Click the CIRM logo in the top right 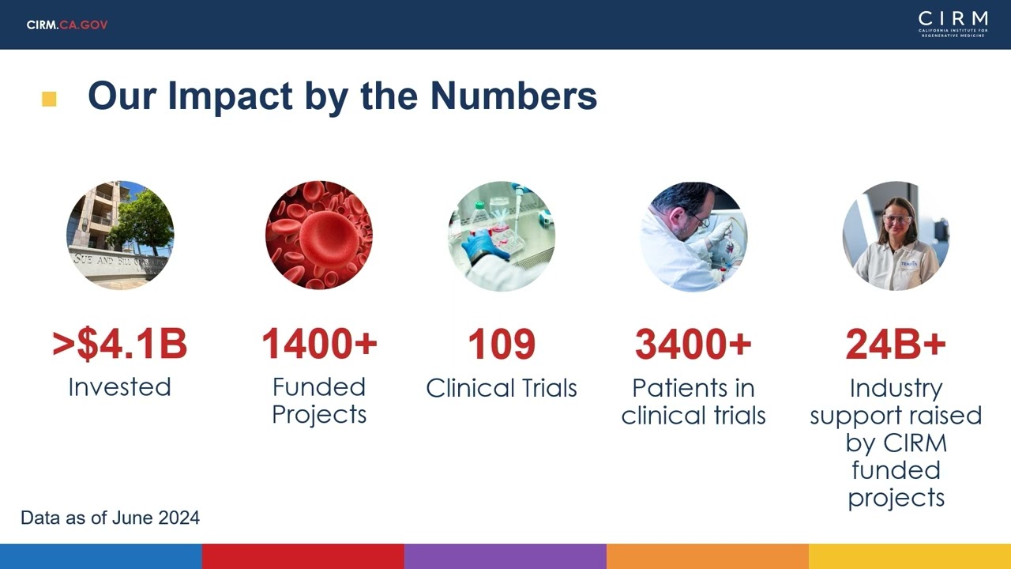point(953,24)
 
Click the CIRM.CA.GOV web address point(67,24)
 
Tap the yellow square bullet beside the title point(49,99)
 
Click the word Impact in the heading point(230,96)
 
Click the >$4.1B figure point(120,344)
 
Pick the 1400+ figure point(319,344)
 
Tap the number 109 point(502,344)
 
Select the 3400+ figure point(693,344)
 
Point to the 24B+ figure point(896,344)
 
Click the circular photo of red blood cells point(319,235)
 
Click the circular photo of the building point(120,235)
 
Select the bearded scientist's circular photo point(693,235)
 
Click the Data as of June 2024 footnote point(110,518)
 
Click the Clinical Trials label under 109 point(502,388)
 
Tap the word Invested point(120,387)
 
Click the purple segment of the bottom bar point(505,556)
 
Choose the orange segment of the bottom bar point(708,556)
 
